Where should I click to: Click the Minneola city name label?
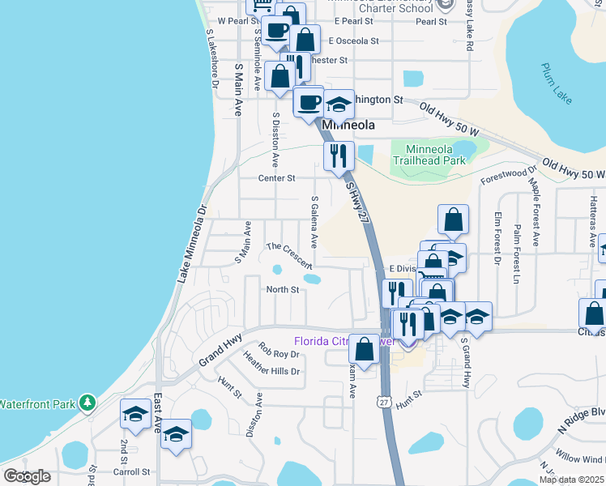348,126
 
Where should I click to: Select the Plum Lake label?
557,84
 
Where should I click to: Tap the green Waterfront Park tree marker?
87,402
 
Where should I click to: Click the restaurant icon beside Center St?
339,154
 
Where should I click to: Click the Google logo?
28,476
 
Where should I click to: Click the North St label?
283,289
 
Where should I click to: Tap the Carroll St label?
134,471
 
